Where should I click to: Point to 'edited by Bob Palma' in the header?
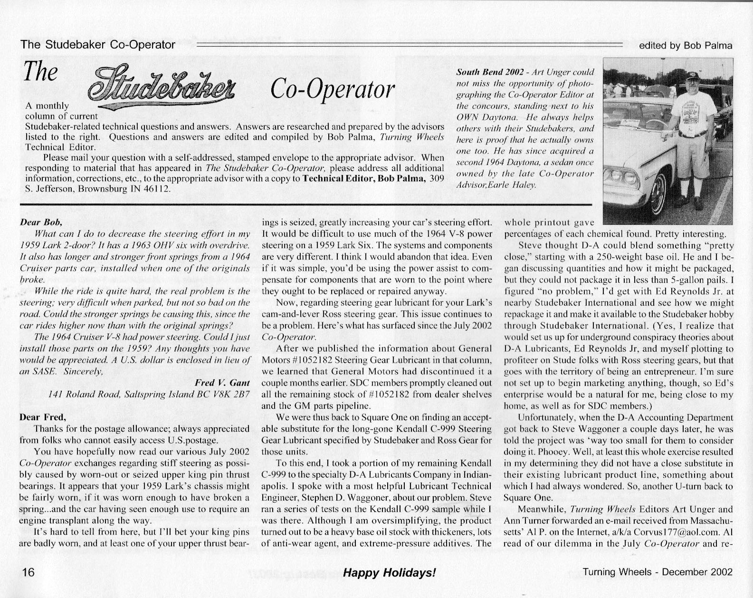686,46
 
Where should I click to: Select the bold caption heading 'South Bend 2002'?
490,72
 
